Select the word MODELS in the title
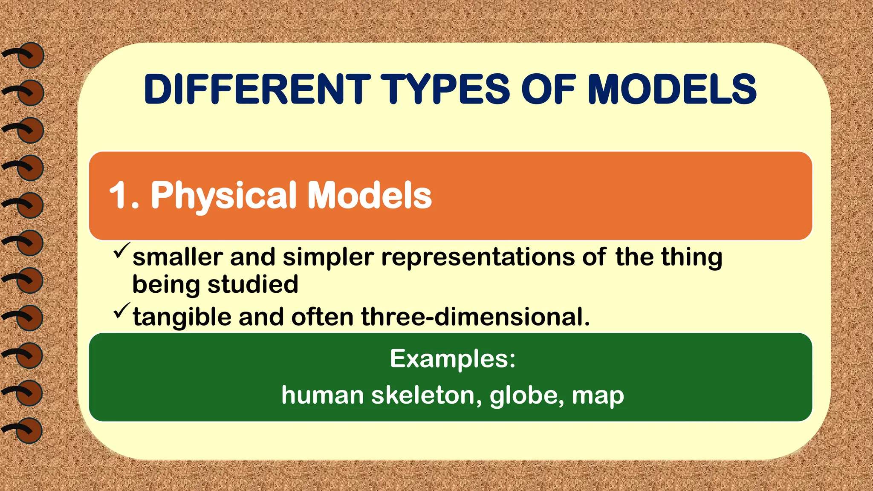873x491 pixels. [x=672, y=89]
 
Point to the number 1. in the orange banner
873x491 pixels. [x=124, y=196]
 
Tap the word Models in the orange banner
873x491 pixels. [x=370, y=196]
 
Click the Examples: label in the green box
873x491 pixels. [x=453, y=359]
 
